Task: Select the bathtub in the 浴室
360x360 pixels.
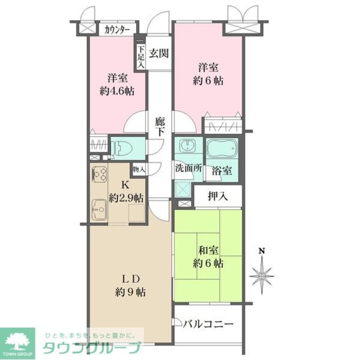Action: (223, 149)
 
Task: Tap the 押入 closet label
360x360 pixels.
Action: (217, 197)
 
